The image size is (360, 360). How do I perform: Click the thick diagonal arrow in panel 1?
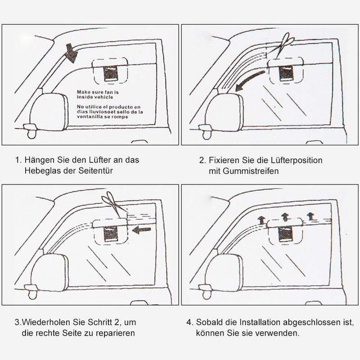pyautogui.click(x=72, y=53)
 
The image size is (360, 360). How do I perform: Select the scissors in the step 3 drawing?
pyautogui.click(x=114, y=205)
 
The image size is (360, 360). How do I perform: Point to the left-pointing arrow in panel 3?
pyautogui.click(x=141, y=229)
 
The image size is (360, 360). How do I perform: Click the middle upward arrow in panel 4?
pyautogui.click(x=285, y=217)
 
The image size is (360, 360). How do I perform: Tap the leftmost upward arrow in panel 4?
pyautogui.click(x=261, y=220)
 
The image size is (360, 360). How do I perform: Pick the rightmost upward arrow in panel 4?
pyautogui.click(x=310, y=216)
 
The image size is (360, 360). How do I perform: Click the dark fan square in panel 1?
pyautogui.click(x=111, y=74)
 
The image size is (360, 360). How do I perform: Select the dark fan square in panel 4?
pyautogui.click(x=285, y=234)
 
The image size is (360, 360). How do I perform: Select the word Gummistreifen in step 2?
pyautogui.click(x=251, y=171)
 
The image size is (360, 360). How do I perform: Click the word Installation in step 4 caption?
pyautogui.click(x=260, y=322)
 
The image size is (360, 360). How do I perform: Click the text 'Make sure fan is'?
pyautogui.click(x=98, y=92)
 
